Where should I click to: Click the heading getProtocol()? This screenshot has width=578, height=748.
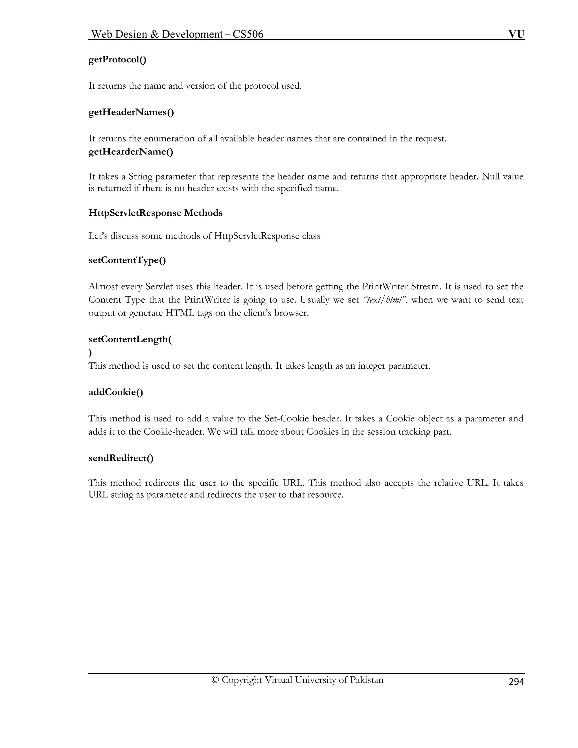(x=117, y=60)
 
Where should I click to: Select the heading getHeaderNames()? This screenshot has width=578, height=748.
(x=131, y=112)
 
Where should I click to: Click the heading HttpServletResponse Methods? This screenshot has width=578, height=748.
(x=156, y=213)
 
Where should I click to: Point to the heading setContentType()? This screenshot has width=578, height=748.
(x=127, y=260)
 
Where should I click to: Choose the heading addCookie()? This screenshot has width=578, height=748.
(x=116, y=392)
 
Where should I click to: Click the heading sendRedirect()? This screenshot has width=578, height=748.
(x=121, y=458)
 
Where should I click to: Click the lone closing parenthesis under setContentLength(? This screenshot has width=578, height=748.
(x=90, y=353)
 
